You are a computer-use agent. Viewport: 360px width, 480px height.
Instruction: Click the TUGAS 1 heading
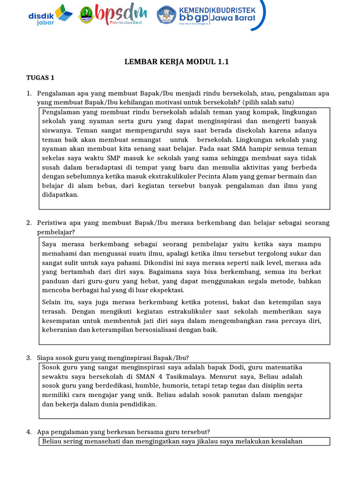point(40,78)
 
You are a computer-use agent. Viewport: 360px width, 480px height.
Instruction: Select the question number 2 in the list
point(29,222)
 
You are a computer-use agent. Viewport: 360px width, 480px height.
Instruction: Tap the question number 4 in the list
point(29,432)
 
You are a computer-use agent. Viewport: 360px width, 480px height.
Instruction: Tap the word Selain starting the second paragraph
point(52,302)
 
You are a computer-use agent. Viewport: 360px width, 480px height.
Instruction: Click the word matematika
point(284,367)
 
